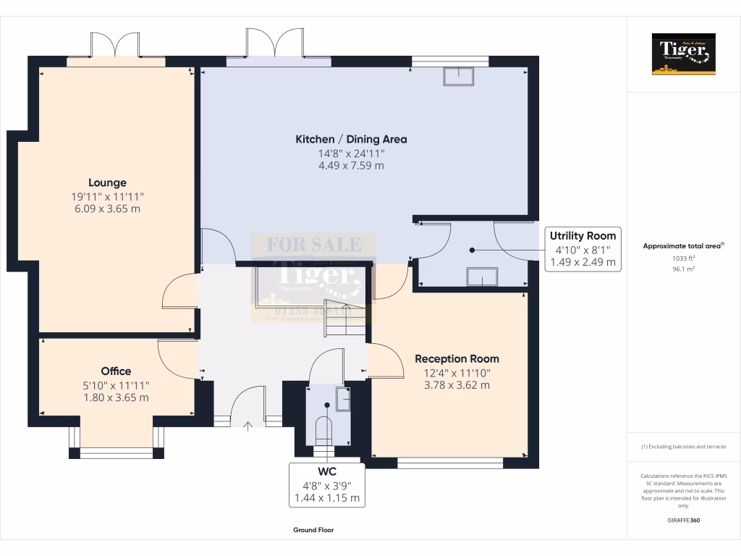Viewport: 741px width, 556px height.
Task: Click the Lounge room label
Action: pyautogui.click(x=107, y=183)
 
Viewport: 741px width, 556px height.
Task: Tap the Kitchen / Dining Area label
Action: pyautogui.click(x=351, y=139)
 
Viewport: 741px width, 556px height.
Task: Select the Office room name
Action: pyautogui.click(x=116, y=371)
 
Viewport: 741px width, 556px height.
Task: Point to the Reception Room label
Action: pyautogui.click(x=457, y=358)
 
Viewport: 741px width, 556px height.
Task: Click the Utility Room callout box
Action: pyautogui.click(x=583, y=248)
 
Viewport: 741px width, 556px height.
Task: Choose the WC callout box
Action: pyautogui.click(x=326, y=484)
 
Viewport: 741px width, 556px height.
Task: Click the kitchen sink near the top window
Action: pyautogui.click(x=459, y=76)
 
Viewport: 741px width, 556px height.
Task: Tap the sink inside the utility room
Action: pyautogui.click(x=482, y=277)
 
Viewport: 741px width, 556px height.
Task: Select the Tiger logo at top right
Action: pyautogui.click(x=683, y=54)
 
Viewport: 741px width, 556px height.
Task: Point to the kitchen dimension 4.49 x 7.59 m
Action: pyautogui.click(x=351, y=165)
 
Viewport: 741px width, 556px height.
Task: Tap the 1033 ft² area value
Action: pyautogui.click(x=683, y=258)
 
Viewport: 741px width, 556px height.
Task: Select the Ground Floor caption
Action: pyautogui.click(x=313, y=530)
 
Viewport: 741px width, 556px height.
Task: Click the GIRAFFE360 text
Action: pyautogui.click(x=684, y=521)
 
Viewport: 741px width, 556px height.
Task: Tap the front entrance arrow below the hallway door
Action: pyautogui.click(x=248, y=426)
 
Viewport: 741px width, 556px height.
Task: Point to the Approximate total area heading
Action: pyautogui.click(x=683, y=246)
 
